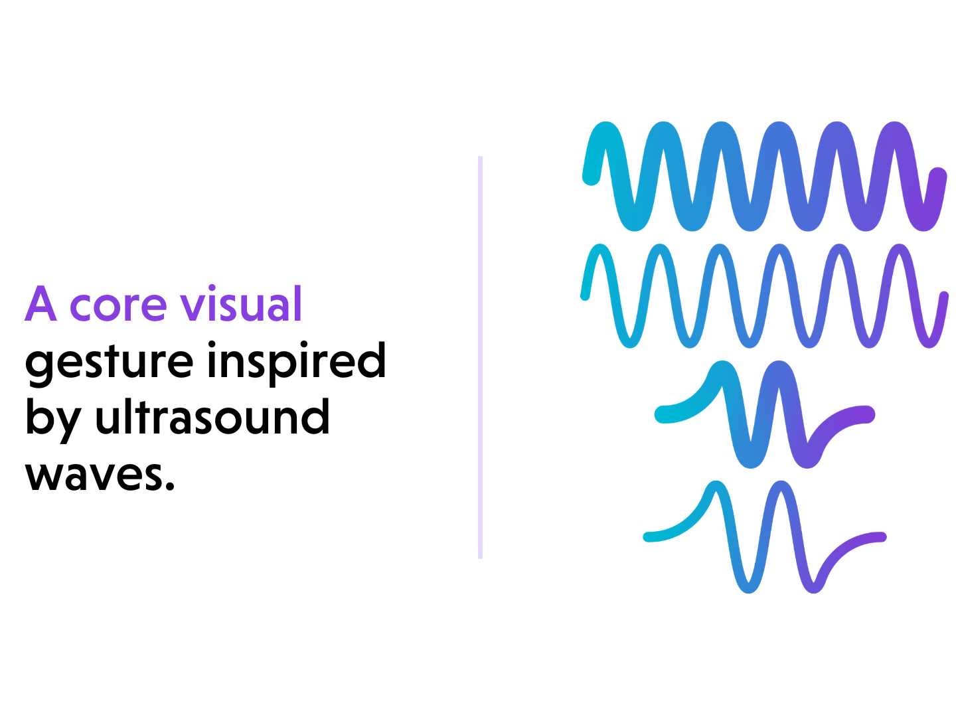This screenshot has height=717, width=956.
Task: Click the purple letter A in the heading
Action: [x=40, y=303]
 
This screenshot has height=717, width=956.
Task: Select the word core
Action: [x=118, y=307]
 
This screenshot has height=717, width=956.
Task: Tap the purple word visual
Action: [x=241, y=303]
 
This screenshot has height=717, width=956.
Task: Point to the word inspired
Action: [x=297, y=360]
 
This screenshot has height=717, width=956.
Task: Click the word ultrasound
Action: [x=212, y=416]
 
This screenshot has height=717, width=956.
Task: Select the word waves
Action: [x=94, y=475]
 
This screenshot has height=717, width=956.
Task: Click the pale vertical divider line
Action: [x=480, y=357]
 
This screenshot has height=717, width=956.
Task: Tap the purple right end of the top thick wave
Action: [x=938, y=176]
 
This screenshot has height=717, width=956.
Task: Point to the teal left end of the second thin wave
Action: [x=585, y=296]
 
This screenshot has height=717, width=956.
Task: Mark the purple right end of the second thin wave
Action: [x=944, y=295]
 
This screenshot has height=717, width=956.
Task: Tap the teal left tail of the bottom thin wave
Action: [x=648, y=537]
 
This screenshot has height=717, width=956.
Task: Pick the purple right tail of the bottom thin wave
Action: [x=882, y=537]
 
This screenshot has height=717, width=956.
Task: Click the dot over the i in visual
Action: [x=212, y=287]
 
